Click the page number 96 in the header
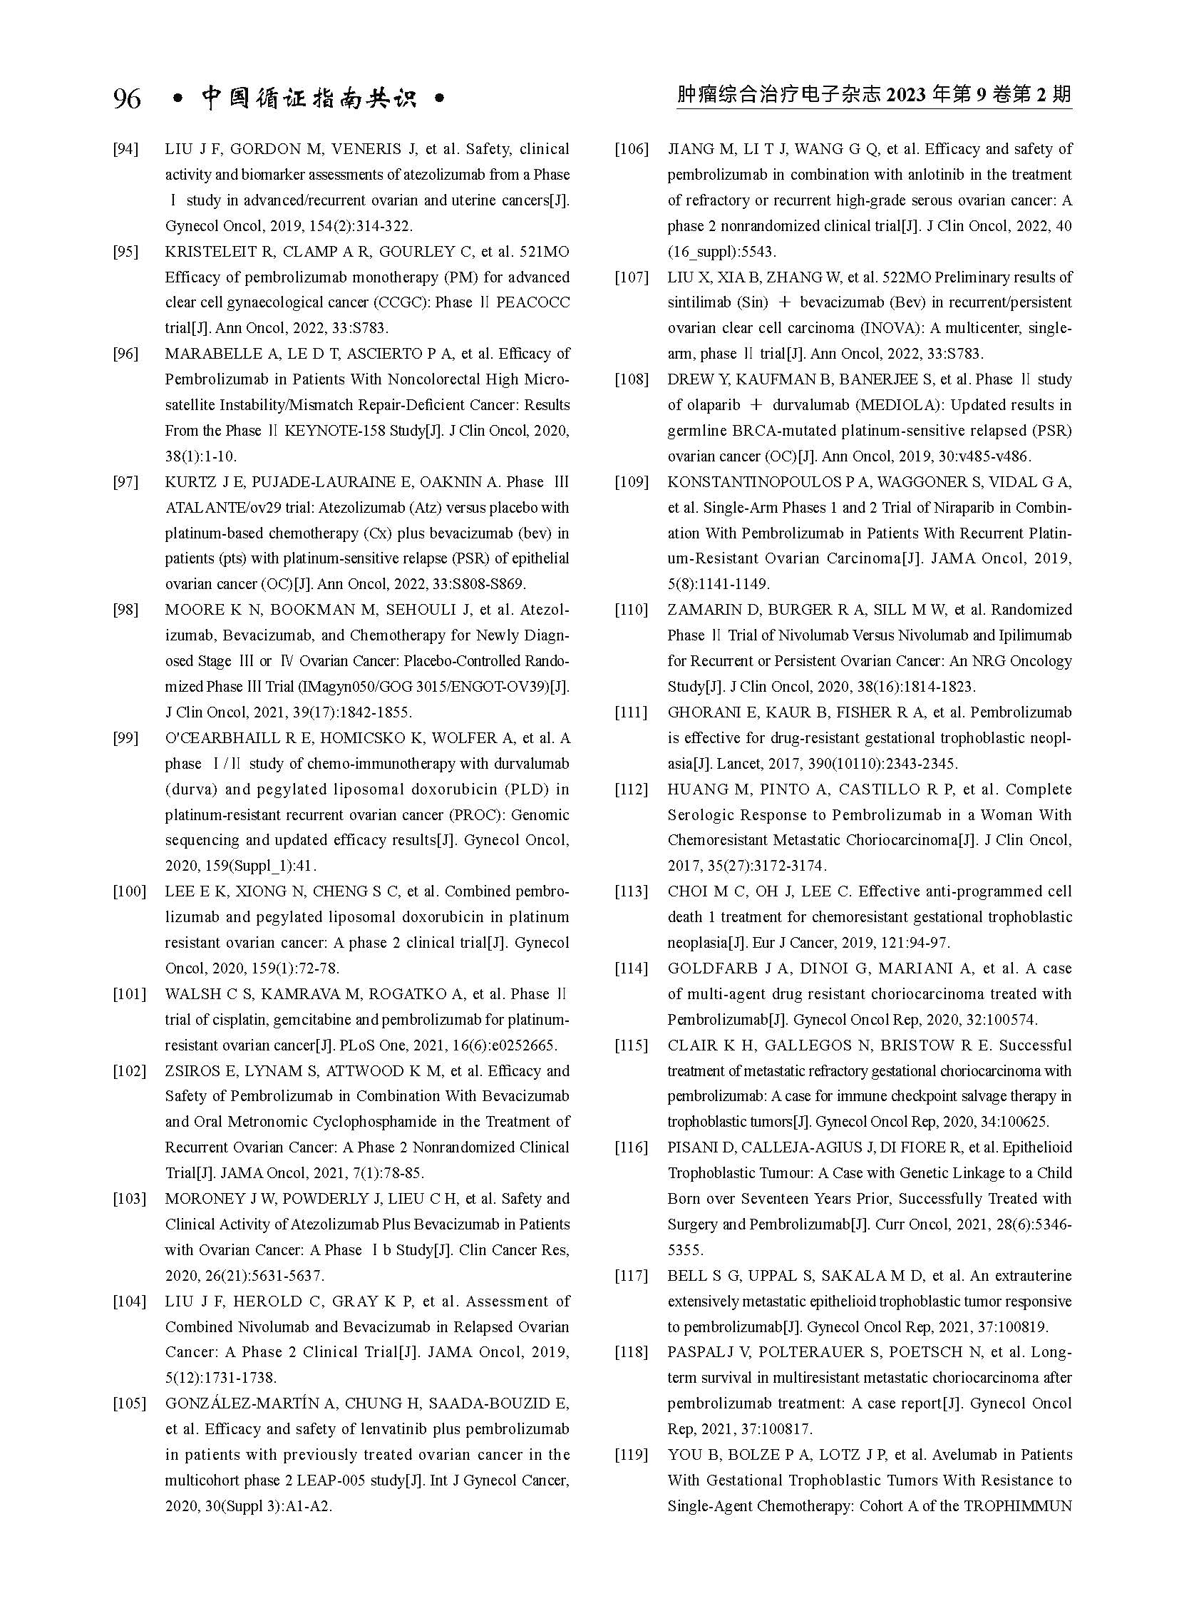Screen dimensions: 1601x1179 [127, 98]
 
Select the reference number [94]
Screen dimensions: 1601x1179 [125, 149]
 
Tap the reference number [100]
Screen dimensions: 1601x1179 [129, 892]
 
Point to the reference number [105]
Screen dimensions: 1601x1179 [129, 1404]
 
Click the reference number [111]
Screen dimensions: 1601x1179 [632, 712]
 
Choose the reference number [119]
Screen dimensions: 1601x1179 [632, 1456]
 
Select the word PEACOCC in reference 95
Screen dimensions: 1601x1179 [533, 303]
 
